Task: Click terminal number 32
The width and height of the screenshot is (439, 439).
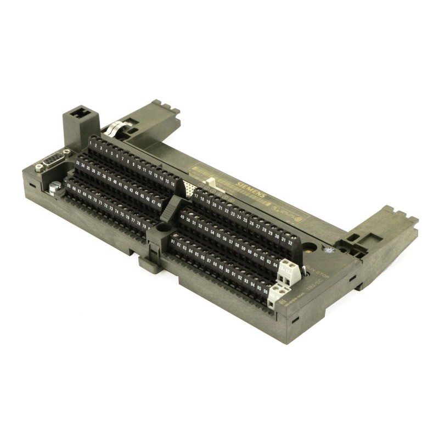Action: click(x=290, y=242)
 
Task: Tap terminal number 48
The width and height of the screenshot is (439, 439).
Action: click(x=160, y=204)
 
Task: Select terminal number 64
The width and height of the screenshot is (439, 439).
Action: click(x=275, y=264)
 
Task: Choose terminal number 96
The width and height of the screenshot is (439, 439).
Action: click(x=266, y=291)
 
